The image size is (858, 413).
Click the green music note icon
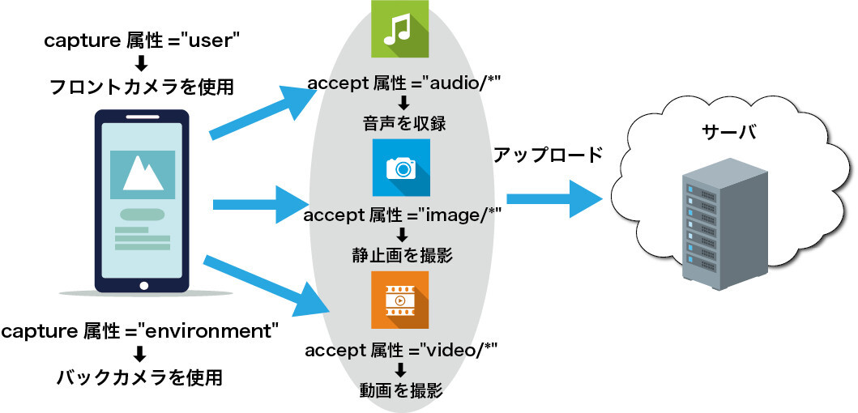[x=399, y=29]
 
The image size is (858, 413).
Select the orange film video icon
[x=399, y=300]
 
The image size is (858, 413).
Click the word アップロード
[x=549, y=155]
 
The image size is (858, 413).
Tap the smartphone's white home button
[x=143, y=285]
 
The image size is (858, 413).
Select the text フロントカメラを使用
[x=142, y=86]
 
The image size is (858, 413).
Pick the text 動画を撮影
[x=401, y=391]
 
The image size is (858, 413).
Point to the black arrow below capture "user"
[x=141, y=62]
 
